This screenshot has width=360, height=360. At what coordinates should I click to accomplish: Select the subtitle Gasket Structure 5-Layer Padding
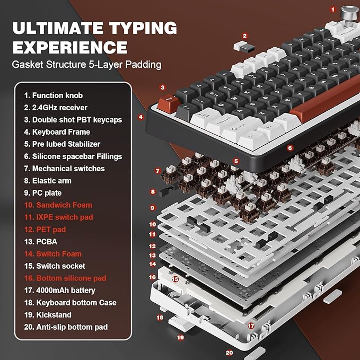pyautogui.click(x=87, y=65)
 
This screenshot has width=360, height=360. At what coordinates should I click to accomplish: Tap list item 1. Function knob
pyautogui.click(x=54, y=95)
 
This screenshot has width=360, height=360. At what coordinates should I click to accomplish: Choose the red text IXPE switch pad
pyautogui.click(x=62, y=217)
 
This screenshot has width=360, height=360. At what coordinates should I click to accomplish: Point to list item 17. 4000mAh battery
pyautogui.click(x=59, y=290)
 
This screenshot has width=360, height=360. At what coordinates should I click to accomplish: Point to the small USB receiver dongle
pyautogui.click(x=244, y=47)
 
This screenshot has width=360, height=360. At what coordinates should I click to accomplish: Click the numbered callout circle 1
pyautogui.click(x=333, y=9)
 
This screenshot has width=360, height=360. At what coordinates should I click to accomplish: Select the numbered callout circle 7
pyautogui.click(x=157, y=171)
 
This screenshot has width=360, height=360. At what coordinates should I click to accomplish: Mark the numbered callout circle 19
pyautogui.click(x=180, y=337)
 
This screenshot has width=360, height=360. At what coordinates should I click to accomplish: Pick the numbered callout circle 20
pyautogui.click(x=229, y=352)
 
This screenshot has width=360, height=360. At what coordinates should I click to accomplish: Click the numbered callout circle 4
pyautogui.click(x=141, y=117)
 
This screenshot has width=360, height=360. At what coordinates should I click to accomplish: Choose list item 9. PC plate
pyautogui.click(x=48, y=192)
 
